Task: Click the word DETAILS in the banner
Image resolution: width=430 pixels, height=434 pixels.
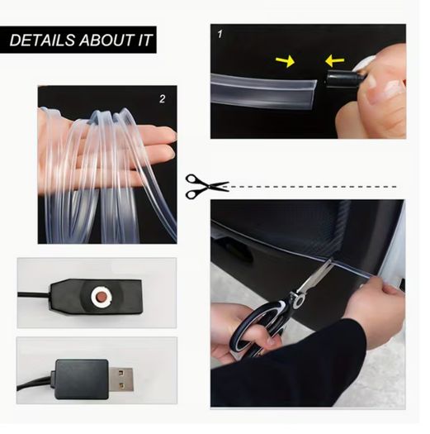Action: pos(42,41)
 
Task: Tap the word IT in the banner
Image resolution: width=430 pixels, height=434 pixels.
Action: pos(144,41)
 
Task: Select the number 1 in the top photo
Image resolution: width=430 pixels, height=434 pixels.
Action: pos(220,35)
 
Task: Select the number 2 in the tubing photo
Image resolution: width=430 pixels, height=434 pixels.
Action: pos(163,99)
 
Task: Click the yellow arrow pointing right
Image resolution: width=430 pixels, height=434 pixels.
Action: pos(286,61)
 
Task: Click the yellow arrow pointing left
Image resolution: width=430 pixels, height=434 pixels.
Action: pos(334,60)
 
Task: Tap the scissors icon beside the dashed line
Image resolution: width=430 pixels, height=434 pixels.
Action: pos(206,186)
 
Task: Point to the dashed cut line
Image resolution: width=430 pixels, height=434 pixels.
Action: pos(313,187)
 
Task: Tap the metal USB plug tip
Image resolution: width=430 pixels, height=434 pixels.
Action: pos(121,379)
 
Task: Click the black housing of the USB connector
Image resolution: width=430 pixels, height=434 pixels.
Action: pos(82,379)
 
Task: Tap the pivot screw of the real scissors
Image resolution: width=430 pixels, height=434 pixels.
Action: pos(300,299)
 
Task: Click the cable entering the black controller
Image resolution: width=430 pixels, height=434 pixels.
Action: pos(34,294)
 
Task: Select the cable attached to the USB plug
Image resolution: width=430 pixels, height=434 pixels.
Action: pos(35,384)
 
